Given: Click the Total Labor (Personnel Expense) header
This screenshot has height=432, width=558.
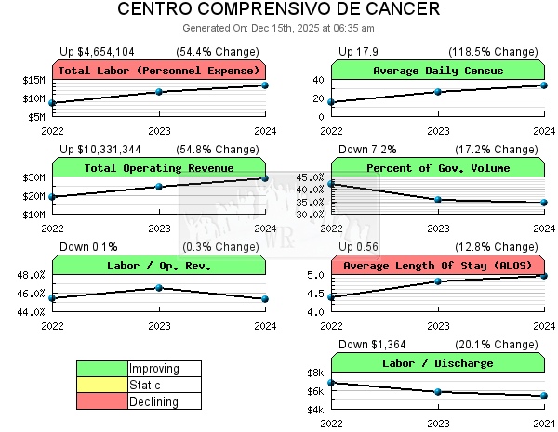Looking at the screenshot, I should (159, 70).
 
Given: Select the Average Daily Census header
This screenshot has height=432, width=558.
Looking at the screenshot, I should (438, 70).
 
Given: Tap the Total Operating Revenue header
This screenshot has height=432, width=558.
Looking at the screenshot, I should (159, 168).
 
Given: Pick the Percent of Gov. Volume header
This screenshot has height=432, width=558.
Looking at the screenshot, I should (438, 168).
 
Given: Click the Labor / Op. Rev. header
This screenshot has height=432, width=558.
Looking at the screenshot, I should (159, 266).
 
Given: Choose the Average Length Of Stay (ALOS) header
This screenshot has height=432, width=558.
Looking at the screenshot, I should (438, 266).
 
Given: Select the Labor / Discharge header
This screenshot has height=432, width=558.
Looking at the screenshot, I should (438, 363).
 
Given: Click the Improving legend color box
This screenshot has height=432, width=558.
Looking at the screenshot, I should (102, 369).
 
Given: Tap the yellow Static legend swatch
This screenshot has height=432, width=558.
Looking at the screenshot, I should (102, 386).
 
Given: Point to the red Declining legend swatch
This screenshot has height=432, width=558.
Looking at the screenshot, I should (102, 402).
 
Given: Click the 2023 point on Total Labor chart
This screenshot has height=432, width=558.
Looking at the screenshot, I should (159, 92).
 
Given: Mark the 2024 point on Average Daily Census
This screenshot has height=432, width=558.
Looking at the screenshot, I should (544, 85).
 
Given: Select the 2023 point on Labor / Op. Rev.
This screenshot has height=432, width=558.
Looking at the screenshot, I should (159, 288).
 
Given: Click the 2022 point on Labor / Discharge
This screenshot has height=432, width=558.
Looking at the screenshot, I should (332, 383).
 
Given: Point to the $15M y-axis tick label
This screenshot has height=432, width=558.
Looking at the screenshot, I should (33, 80).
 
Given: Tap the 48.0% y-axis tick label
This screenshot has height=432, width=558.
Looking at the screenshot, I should (31, 275).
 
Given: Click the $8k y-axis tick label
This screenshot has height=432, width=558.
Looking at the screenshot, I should (315, 373).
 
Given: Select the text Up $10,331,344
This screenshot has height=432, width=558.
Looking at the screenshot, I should (100, 150).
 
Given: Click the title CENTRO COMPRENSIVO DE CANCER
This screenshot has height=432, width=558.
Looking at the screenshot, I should (279, 10).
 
